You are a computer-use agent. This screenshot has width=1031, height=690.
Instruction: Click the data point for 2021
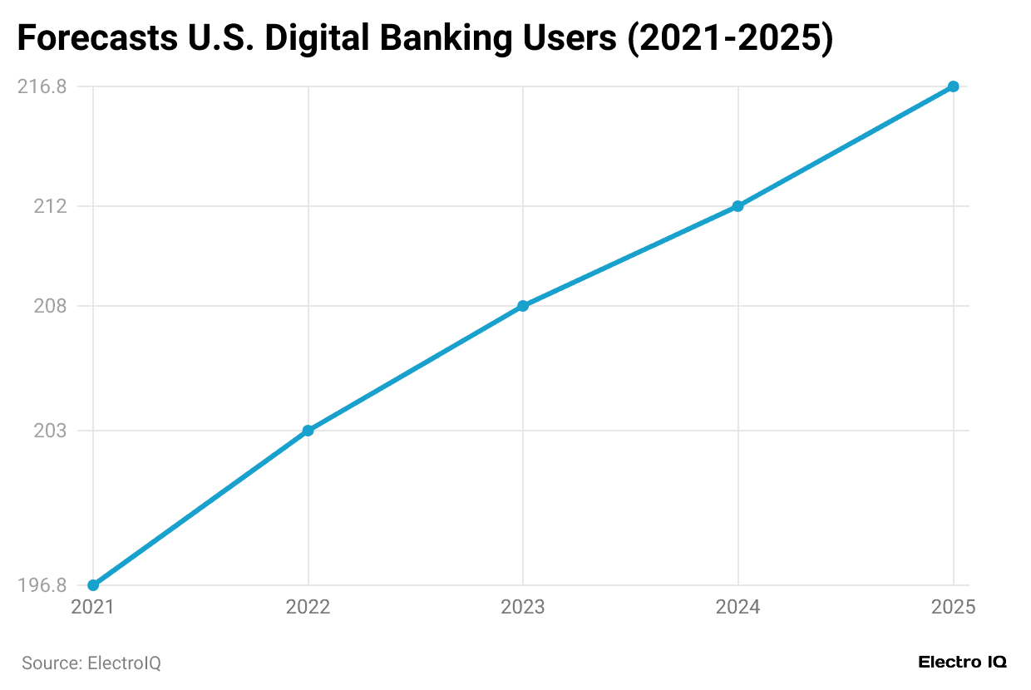(93, 585)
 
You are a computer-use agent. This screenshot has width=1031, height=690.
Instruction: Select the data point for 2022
(308, 431)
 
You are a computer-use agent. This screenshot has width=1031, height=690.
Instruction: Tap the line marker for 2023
(523, 306)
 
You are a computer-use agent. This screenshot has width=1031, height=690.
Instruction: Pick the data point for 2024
(737, 206)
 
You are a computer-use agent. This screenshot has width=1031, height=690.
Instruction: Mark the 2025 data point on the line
(953, 86)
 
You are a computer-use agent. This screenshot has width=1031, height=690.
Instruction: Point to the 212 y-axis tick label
(50, 206)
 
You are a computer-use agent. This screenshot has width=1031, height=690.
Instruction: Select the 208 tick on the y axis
(50, 306)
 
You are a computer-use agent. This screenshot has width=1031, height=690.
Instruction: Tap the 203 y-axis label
(50, 431)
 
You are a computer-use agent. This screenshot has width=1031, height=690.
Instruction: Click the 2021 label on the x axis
(93, 608)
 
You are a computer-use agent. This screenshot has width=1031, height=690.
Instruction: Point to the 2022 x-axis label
(308, 608)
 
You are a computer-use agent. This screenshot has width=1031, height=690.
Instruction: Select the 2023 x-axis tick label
(523, 608)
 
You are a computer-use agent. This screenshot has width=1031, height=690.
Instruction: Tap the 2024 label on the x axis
(737, 608)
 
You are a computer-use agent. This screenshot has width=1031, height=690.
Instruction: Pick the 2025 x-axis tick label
(953, 608)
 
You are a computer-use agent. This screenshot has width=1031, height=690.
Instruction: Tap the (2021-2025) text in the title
(729, 39)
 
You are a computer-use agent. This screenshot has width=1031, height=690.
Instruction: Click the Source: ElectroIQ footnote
(91, 663)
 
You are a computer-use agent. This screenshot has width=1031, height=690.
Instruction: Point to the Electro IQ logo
(962, 663)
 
